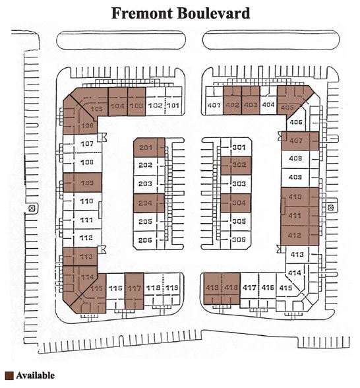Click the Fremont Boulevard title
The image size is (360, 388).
tap(180, 13)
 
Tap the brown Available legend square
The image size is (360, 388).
tap(9, 376)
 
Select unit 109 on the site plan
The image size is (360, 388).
tap(86, 182)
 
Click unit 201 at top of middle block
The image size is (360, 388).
tap(146, 147)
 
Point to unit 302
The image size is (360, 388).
tap(239, 166)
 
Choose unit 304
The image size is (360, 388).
tap(239, 203)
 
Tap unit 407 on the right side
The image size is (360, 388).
tap(296, 141)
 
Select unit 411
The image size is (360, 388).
tap(295, 216)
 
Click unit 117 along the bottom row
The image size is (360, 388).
tap(135, 288)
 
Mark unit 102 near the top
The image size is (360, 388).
tap(155, 106)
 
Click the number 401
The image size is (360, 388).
tap(214, 106)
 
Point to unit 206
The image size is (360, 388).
tap(146, 240)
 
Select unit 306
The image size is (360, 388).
tap(239, 240)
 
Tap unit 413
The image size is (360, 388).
tap(297, 254)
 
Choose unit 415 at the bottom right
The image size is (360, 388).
tap(285, 288)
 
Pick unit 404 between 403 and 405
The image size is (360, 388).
tap(268, 105)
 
